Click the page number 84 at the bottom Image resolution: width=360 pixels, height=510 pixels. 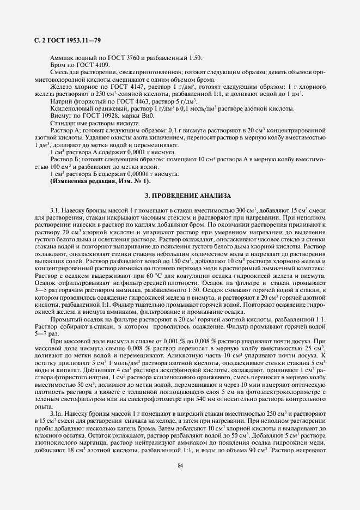point(180,465)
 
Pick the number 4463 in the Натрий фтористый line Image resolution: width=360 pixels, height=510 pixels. point(135,101)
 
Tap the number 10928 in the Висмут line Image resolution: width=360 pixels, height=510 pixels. point(117,116)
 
